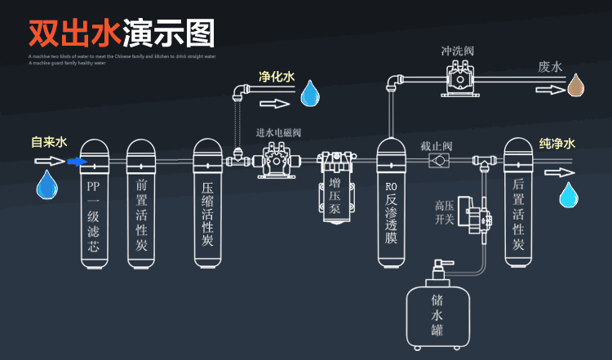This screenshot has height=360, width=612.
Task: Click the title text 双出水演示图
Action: click(122, 33)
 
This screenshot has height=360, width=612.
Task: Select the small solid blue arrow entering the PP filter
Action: click(77, 162)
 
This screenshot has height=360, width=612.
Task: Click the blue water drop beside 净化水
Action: click(310, 94)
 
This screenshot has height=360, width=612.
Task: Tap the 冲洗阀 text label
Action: click(457, 51)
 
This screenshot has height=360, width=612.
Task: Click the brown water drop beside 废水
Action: click(576, 85)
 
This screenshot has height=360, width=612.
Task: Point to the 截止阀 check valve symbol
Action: click(441, 161)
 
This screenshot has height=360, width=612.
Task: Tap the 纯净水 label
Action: click(557, 144)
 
